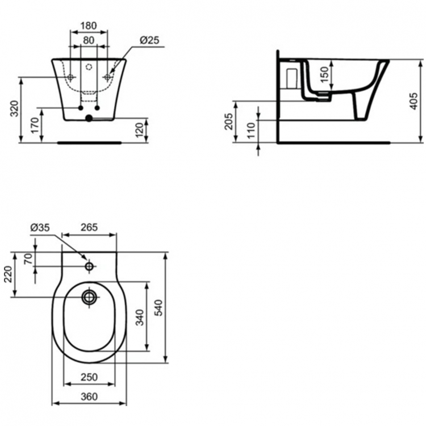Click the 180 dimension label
click(87, 26)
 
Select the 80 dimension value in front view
click(87, 40)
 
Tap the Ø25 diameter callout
click(149, 40)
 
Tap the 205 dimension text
click(229, 120)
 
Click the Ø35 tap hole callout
click(40, 227)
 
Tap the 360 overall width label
click(88, 397)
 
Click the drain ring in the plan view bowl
click(89, 296)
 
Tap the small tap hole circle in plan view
click(89, 266)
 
